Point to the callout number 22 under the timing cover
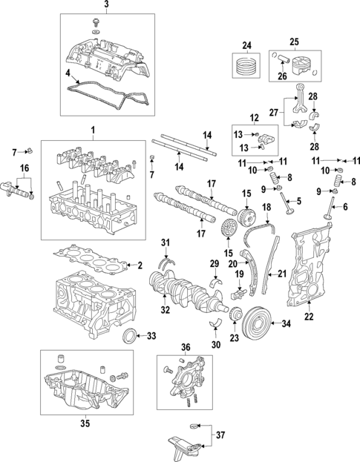click(309, 317)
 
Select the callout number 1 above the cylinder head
click(94, 132)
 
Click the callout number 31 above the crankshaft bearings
click(166, 242)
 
